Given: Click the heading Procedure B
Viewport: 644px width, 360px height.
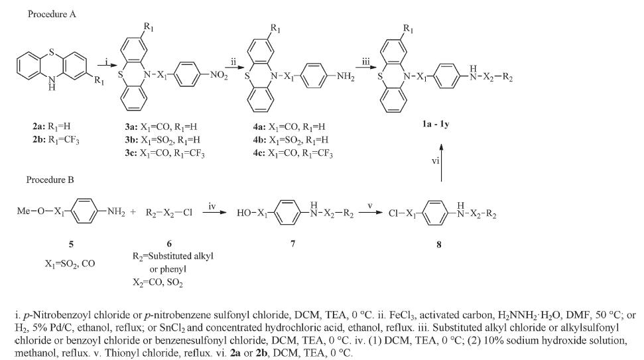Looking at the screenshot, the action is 50,180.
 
